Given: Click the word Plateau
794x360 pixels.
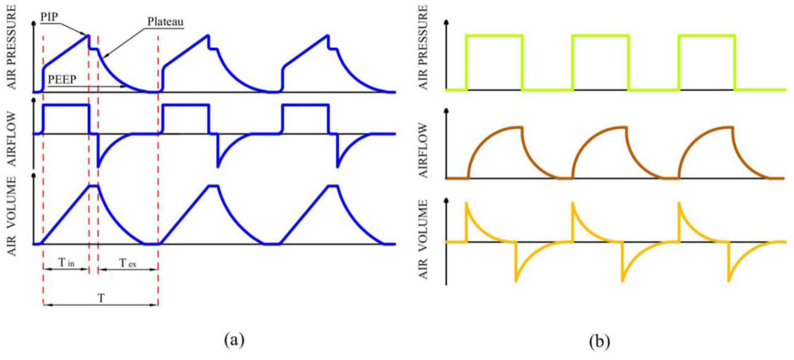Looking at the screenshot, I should pos(165,22).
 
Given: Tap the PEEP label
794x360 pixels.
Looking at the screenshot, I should pos(62,79).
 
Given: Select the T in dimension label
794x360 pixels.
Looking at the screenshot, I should pos(66,263).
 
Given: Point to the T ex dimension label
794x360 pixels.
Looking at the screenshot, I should pos(127,263).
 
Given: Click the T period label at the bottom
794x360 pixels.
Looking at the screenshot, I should pos(101,298).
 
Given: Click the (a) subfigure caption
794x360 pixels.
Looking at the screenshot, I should pos(234,340).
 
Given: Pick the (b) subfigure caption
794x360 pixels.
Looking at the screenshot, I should pos(600,341).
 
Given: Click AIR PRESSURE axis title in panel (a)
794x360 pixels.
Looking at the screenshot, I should pos(11,47).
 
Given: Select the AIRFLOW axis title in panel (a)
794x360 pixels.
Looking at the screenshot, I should pos(11,139).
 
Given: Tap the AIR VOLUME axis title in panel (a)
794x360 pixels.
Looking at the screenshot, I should pos(11,216).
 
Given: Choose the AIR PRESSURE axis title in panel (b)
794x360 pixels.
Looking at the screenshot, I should pos(423,47).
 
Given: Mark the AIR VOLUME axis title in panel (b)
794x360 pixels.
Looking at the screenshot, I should pos(423,239).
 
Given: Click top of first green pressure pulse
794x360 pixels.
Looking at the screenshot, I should pos(494,35).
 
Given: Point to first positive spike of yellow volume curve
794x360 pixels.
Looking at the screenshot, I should pos(466,203).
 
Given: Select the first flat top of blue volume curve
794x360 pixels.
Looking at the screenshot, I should pos(93,185).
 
